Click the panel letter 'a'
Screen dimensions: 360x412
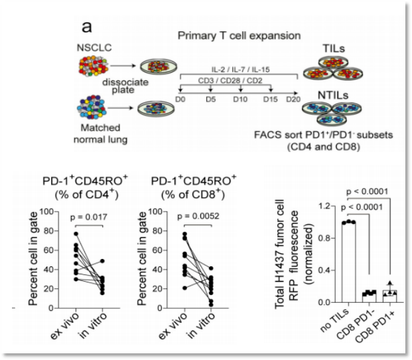86,26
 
